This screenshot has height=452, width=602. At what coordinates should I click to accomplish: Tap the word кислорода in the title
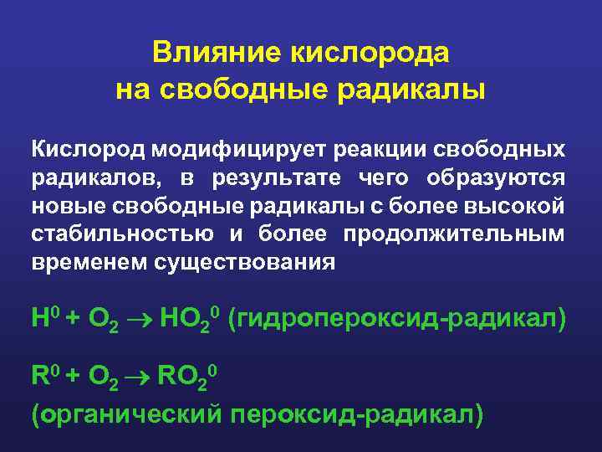click(369, 53)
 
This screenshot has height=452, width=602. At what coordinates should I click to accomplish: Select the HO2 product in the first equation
click(191, 319)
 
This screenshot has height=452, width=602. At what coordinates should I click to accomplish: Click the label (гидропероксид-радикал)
click(397, 318)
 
